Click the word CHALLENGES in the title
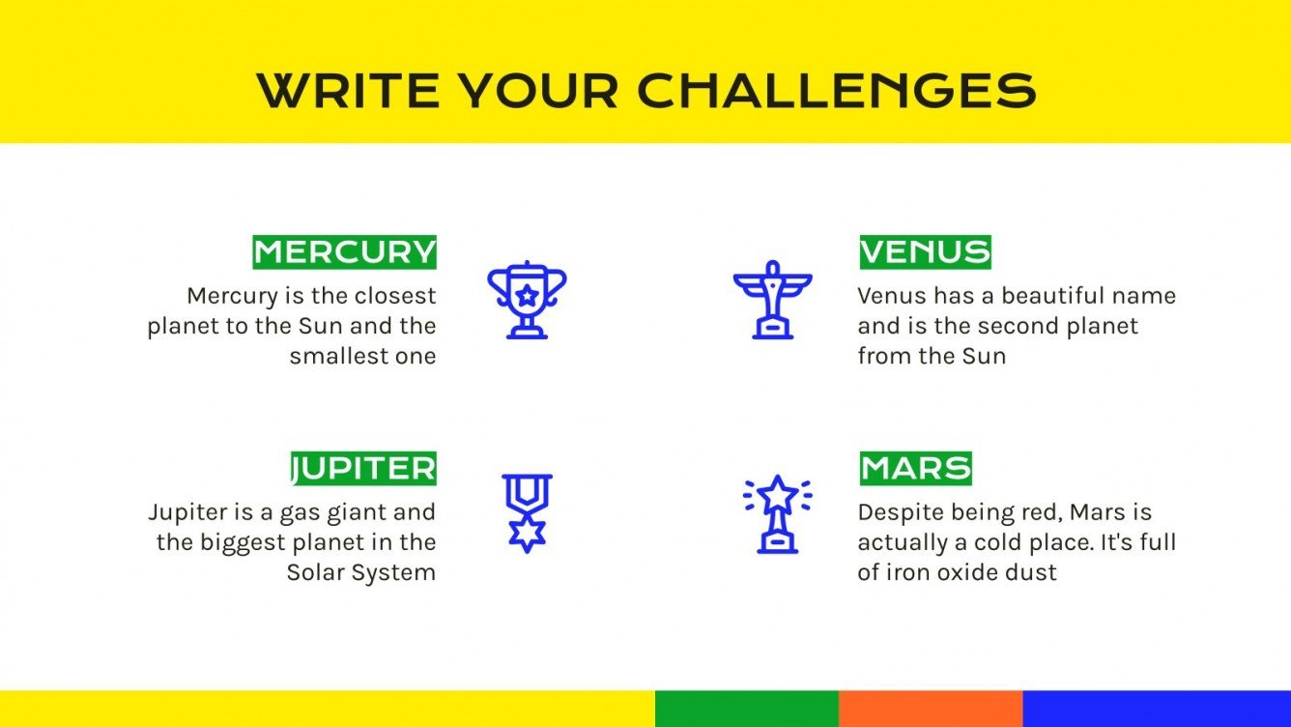pyautogui.click(x=837, y=90)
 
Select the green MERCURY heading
pyautogui.click(x=345, y=252)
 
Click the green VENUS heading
pyautogui.click(x=925, y=252)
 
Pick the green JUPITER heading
pyautogui.click(x=364, y=469)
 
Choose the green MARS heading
pyautogui.click(x=915, y=469)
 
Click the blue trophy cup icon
pyautogui.click(x=527, y=300)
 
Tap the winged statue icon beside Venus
pyautogui.click(x=772, y=300)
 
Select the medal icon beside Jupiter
pyautogui.click(x=527, y=513)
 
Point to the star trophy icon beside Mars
pyautogui.click(x=777, y=513)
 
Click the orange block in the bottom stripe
pyautogui.click(x=930, y=709)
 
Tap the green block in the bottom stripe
pyautogui.click(x=746, y=709)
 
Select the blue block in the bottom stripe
pyautogui.click(x=1156, y=709)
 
